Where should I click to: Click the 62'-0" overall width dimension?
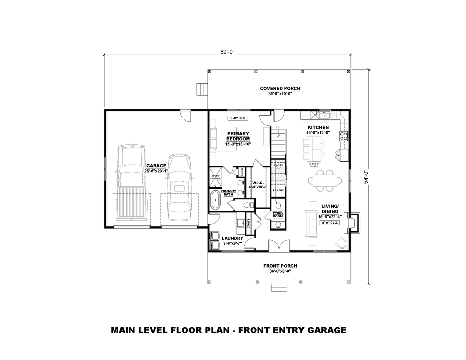point(227,52)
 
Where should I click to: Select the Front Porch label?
point(280,266)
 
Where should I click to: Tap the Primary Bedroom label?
point(238,136)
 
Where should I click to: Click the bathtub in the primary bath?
point(216,201)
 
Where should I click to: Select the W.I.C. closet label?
point(258,183)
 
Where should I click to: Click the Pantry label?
point(278,190)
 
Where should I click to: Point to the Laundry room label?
point(232,238)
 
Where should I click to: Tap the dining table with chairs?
point(325,180)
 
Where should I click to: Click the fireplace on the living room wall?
point(353,222)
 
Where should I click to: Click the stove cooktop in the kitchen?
point(343,136)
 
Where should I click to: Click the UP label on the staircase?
point(279,127)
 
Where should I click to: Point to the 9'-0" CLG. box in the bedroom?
point(238,118)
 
